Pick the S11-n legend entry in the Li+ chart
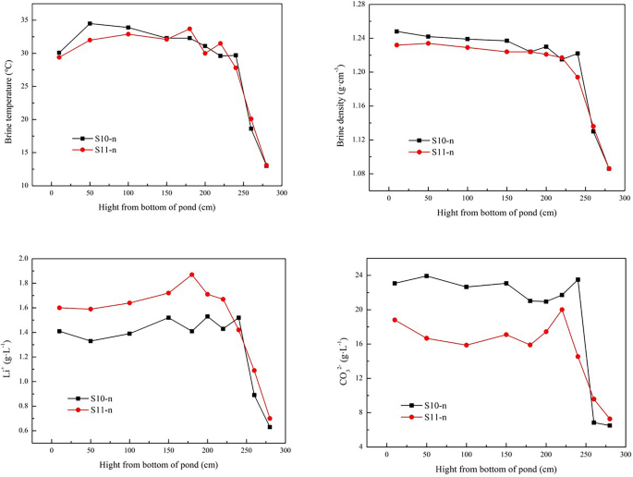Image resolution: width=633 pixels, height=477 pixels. coord(97,410)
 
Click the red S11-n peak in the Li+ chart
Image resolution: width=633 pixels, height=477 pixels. coord(192,275)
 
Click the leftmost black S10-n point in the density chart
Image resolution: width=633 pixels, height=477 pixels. coord(396,31)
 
